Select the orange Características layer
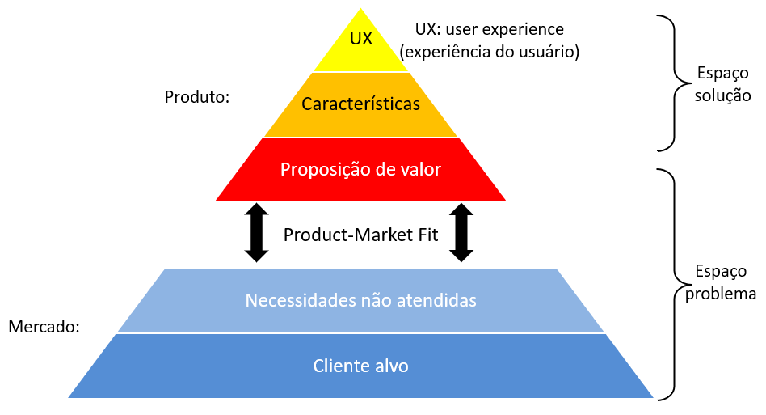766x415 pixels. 360,104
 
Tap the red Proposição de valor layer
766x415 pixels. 360,170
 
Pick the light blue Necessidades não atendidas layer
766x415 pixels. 360,300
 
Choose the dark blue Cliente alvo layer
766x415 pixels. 360,366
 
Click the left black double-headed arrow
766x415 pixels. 256,232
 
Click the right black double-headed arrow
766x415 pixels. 461,232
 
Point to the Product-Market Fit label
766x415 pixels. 360,235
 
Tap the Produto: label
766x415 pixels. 197,97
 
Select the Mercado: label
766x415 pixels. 44,327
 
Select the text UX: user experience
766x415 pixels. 489,28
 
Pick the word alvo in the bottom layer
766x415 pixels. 391,366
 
